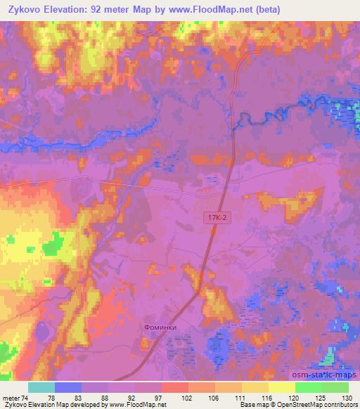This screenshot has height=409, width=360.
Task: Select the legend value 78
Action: point(54,397)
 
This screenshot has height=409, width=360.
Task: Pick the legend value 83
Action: point(81,397)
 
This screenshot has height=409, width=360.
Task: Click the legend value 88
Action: point(108,397)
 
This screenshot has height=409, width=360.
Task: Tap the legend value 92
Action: point(134,397)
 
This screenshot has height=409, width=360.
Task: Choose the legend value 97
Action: point(161,397)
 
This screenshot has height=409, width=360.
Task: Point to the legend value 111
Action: point(242,397)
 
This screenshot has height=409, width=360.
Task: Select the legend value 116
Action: point(269,397)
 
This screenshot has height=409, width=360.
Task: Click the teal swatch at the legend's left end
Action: point(41,387)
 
